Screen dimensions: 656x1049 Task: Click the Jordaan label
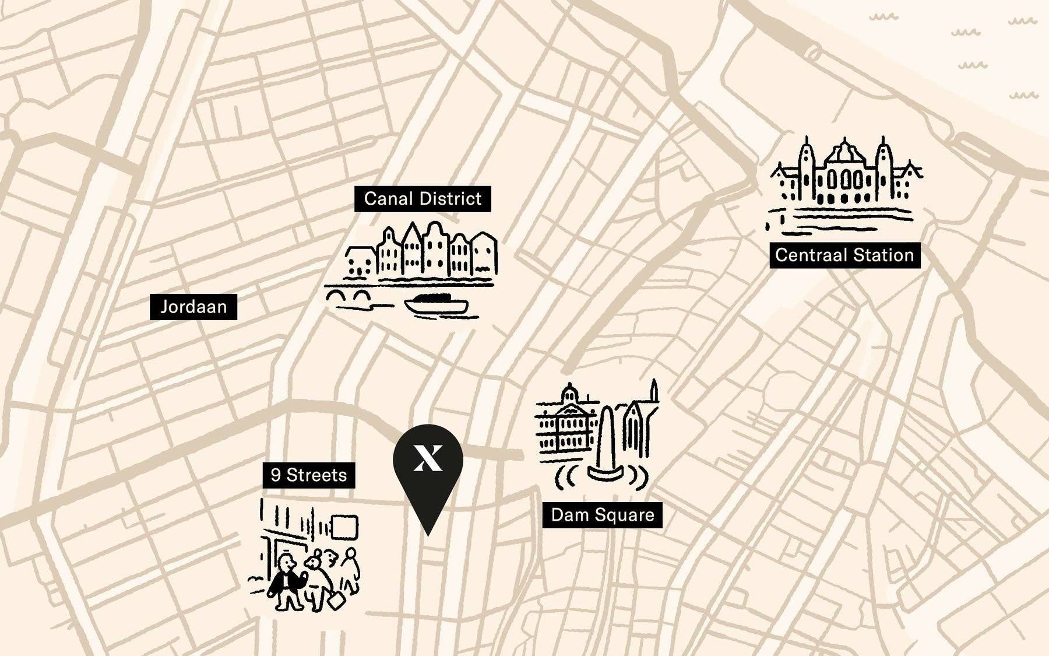pos(193,307)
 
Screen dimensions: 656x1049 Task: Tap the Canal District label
pos(423,199)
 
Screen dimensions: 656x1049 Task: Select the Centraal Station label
pos(844,255)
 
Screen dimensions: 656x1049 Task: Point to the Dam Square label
pos(603,515)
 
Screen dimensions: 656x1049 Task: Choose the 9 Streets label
pos(309,475)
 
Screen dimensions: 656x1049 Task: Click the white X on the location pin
pos(428,457)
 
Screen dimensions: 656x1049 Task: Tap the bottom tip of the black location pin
pos(428,533)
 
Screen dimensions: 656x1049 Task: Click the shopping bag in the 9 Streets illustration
pos(337,599)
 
